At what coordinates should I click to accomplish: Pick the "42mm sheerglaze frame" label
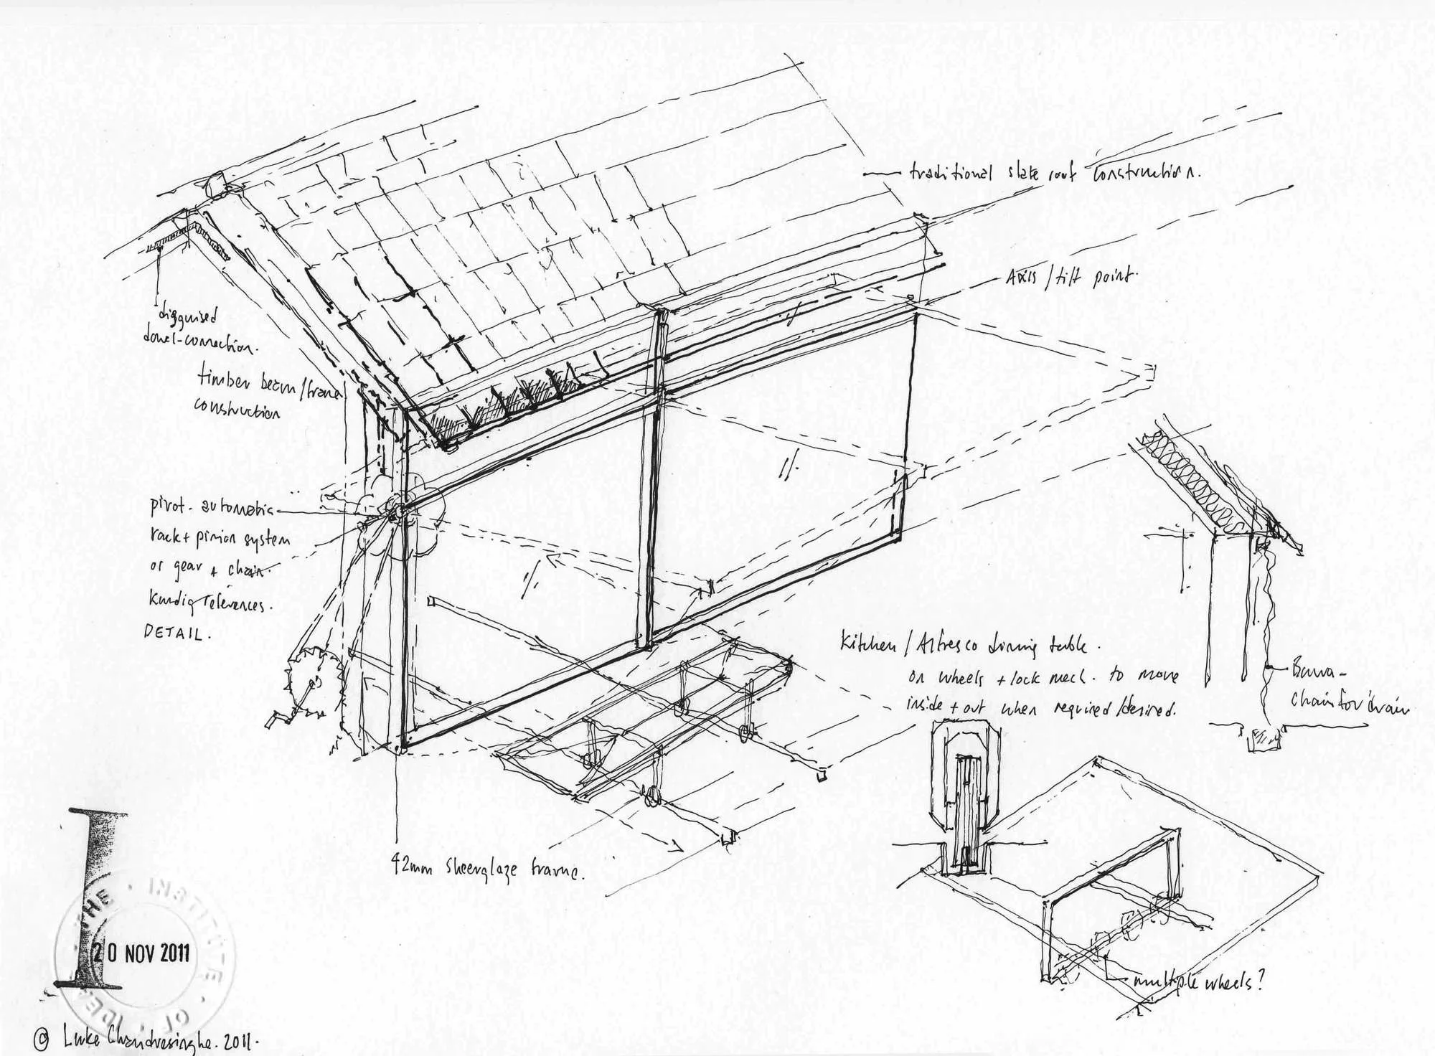488,869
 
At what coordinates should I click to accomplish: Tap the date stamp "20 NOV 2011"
142,953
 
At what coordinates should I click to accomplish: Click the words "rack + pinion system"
220,539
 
